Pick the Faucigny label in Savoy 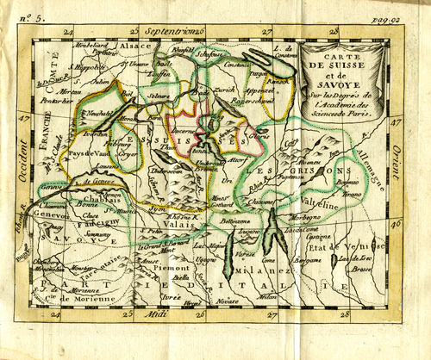pos(80,221)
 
